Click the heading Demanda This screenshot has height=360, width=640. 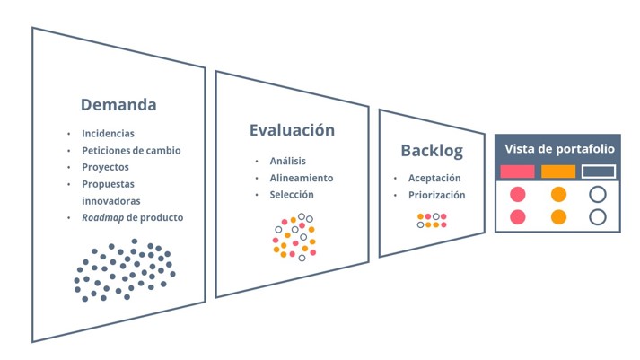tap(118, 104)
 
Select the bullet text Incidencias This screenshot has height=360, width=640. tap(108, 134)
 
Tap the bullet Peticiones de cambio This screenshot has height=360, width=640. tap(131, 151)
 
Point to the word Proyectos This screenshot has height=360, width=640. tap(105, 167)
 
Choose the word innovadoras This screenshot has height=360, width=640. tap(111, 201)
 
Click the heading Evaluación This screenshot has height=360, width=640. tap(292, 130)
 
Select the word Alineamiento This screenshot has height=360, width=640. tap(302, 178)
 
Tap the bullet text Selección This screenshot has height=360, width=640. tap(292, 195)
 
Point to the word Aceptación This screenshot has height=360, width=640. tap(434, 179)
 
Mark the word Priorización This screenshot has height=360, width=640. tap(437, 195)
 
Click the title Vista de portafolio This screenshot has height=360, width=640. tap(559, 149)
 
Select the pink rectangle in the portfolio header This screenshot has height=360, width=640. tap(517, 171)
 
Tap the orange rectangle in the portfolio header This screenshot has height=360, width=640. tap(558, 171)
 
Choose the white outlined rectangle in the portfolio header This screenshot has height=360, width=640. tap(599, 171)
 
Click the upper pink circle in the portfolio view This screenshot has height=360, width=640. tap(518, 195)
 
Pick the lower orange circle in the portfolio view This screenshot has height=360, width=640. tap(558, 216)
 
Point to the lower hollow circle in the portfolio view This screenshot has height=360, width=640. tap(598, 216)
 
